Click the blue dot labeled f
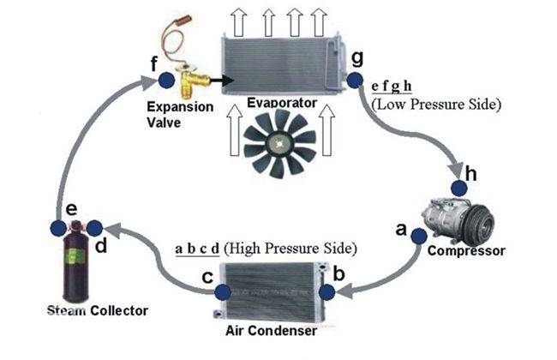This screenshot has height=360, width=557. click(x=166, y=81)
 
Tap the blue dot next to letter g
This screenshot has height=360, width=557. click(x=355, y=81)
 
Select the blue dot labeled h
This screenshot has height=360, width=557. click(x=459, y=189)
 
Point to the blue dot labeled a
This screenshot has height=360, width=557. click(x=419, y=236)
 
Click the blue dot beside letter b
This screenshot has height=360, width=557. click(x=326, y=292)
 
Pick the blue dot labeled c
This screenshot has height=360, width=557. click(x=223, y=292)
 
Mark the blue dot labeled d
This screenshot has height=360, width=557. click(x=94, y=228)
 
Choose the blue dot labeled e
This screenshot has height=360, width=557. click(x=58, y=228)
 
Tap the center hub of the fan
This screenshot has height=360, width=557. click(x=279, y=144)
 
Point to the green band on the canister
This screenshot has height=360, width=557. click(x=75, y=256)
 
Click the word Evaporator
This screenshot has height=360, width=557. click(x=282, y=103)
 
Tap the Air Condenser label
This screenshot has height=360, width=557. click(x=271, y=331)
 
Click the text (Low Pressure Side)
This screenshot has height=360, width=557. click(x=436, y=105)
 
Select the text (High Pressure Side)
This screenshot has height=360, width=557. click(x=290, y=249)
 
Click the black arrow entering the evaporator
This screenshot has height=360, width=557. click(x=222, y=81)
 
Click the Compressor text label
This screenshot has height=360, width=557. click(x=466, y=251)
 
